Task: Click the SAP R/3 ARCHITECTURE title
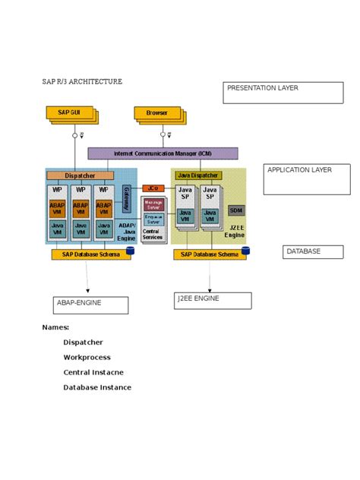point(81,81)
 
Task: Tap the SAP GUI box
point(72,112)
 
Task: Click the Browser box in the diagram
point(157,112)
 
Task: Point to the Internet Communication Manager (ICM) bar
point(163,153)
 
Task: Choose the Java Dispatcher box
point(197,175)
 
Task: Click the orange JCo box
point(153,188)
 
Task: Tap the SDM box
point(236,210)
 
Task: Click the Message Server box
point(153,204)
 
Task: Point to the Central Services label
point(153,235)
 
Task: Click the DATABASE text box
point(313,251)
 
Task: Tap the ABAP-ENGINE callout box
point(89,305)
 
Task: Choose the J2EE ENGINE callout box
point(213,301)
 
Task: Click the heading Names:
point(55,327)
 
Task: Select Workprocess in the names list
point(87,357)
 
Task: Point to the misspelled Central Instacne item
point(93,372)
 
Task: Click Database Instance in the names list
point(97,387)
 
